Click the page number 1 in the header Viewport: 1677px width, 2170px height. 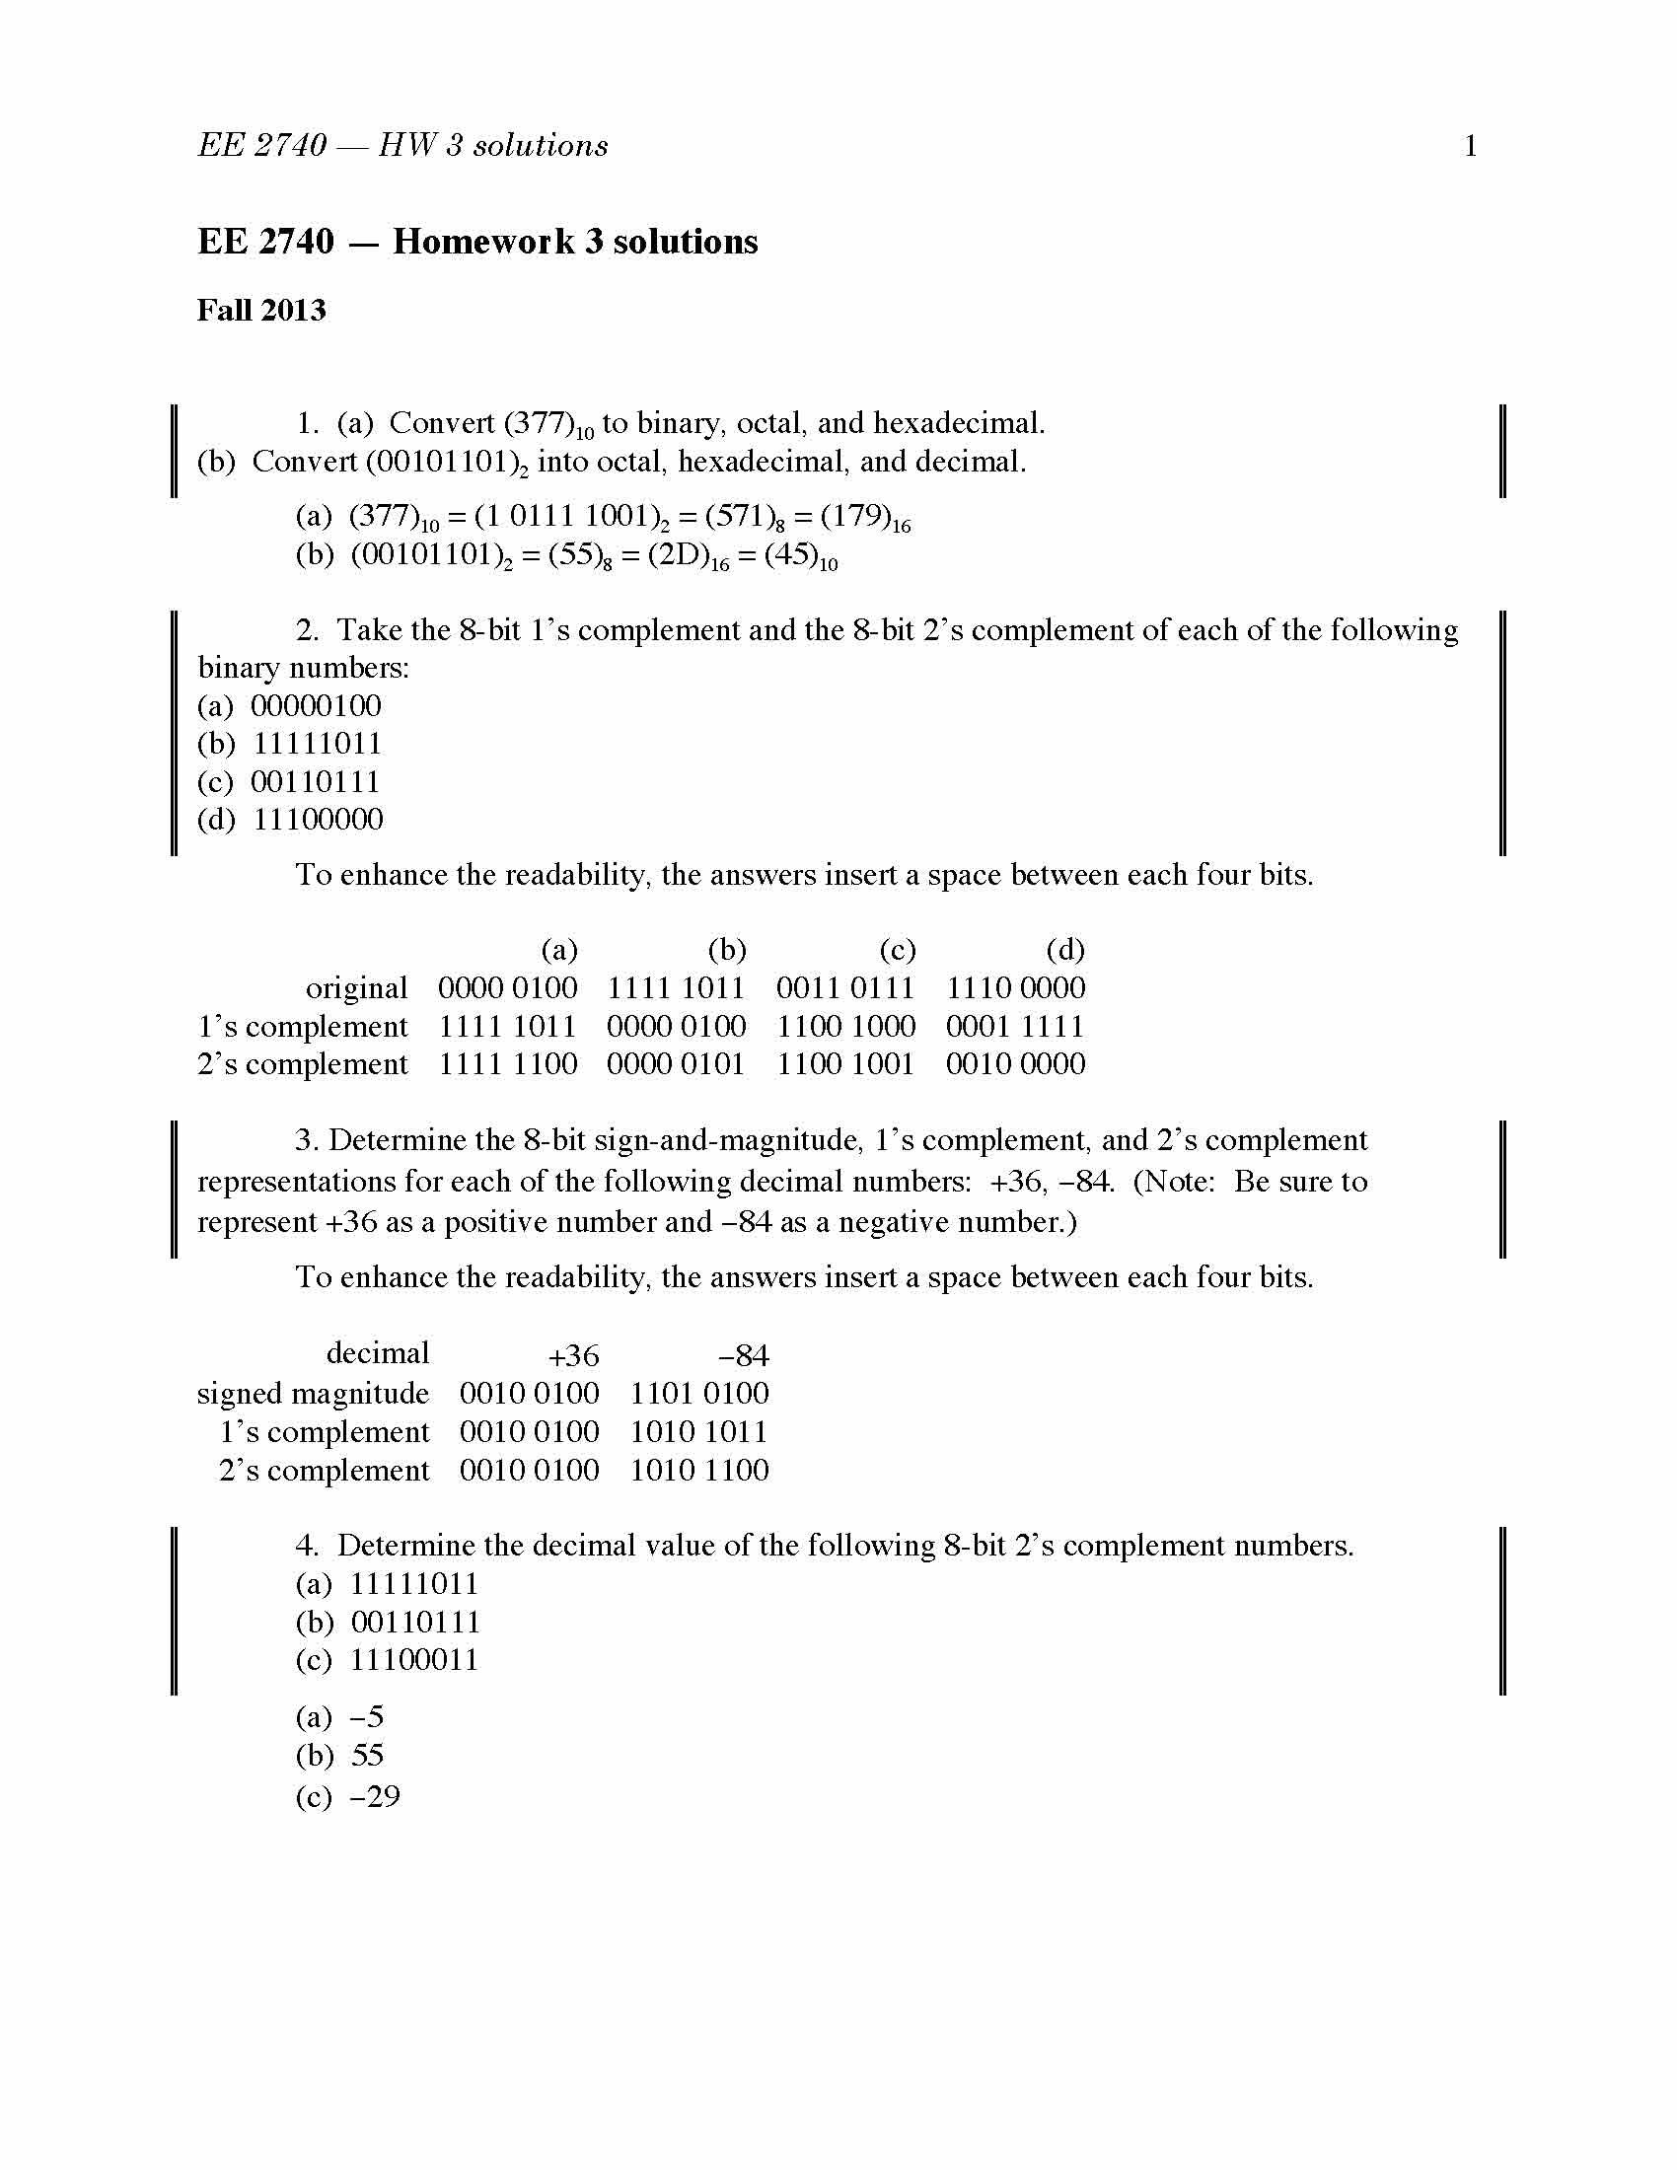coord(1471,146)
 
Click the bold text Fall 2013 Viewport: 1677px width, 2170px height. coord(261,310)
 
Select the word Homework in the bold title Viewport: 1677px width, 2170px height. coord(483,242)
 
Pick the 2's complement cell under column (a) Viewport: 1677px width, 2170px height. coord(508,1064)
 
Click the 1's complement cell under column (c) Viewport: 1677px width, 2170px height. coord(845,1027)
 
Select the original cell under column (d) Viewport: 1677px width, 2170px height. coord(1015,988)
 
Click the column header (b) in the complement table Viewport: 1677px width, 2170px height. coord(727,950)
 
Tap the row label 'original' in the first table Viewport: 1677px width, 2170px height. coord(357,988)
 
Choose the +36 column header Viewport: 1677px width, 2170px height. coord(574,1355)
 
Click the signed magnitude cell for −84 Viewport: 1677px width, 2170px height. coord(699,1393)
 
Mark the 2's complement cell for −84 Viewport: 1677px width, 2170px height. coord(699,1470)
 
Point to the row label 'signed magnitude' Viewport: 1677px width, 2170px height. coord(313,1393)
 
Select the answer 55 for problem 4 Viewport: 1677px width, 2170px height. coord(368,1756)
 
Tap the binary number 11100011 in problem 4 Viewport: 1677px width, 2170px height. coord(414,1660)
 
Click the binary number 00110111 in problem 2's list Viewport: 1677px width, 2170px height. coord(315,782)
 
